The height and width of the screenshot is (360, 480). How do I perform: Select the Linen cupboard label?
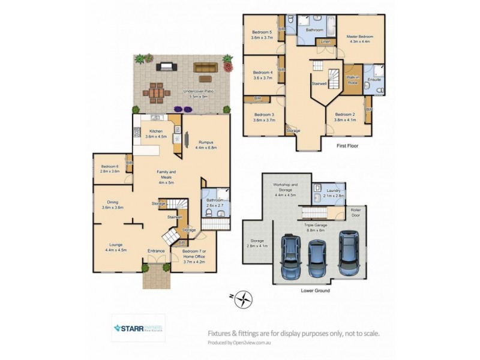click(325, 41)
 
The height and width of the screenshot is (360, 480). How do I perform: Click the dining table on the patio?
click(157, 93)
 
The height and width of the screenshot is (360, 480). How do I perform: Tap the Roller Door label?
click(356, 212)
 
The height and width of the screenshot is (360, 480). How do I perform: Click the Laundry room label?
click(334, 193)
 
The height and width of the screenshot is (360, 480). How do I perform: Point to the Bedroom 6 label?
click(110, 169)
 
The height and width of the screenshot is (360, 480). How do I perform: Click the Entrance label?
click(156, 251)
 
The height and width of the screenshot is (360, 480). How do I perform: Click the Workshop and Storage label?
click(286, 189)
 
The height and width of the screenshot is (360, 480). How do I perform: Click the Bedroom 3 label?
click(264, 117)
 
